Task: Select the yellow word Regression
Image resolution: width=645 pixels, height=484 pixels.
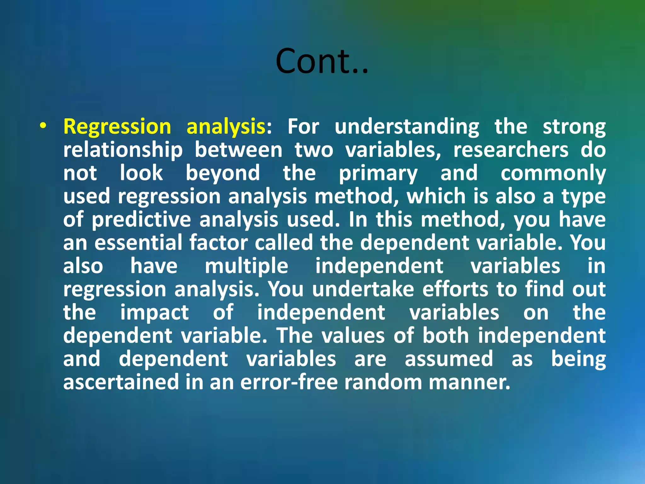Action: (x=117, y=127)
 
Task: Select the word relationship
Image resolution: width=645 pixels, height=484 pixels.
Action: (x=123, y=150)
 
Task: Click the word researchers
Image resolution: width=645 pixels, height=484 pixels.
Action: (x=511, y=150)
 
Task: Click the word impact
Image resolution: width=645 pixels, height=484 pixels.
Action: (x=154, y=313)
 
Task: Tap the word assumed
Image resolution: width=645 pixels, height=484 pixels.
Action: (x=448, y=359)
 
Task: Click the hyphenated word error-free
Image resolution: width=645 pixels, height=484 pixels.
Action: (x=289, y=382)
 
